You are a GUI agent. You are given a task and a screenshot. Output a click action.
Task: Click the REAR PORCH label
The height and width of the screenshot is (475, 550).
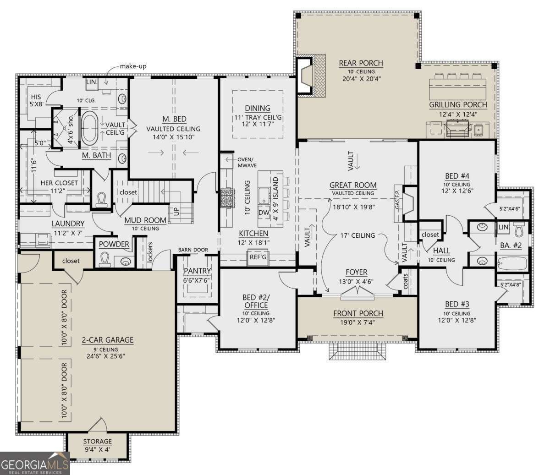pos(361,63)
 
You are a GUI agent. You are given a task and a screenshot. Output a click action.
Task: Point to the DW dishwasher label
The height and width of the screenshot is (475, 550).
pos(264,212)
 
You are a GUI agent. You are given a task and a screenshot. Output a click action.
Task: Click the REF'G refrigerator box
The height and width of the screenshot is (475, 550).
pos(258,257)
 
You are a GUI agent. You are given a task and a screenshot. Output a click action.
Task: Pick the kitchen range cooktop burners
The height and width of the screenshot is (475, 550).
pos(227,198)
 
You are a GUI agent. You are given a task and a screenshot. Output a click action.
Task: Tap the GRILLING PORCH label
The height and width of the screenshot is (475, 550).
pos(458,105)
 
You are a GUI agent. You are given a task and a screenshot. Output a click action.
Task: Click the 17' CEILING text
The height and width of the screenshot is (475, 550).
pos(358,235)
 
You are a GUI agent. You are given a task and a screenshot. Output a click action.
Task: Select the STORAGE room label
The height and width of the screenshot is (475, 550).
pos(97,441)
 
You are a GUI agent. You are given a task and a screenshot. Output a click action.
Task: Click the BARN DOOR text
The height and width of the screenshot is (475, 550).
pos(193,250)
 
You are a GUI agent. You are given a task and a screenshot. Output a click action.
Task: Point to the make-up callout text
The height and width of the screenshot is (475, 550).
pos(133,66)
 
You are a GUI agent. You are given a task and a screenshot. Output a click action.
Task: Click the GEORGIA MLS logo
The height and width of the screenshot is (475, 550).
pos(34,463)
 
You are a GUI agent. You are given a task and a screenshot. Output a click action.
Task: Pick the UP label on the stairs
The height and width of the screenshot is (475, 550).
pos(176,212)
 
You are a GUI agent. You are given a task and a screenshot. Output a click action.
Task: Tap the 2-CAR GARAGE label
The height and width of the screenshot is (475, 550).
pos(108,340)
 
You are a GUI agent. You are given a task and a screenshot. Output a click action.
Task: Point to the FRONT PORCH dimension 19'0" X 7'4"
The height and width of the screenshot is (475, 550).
pos(358,322)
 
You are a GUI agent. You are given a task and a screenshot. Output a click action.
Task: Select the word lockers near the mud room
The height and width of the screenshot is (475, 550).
pos(150,252)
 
